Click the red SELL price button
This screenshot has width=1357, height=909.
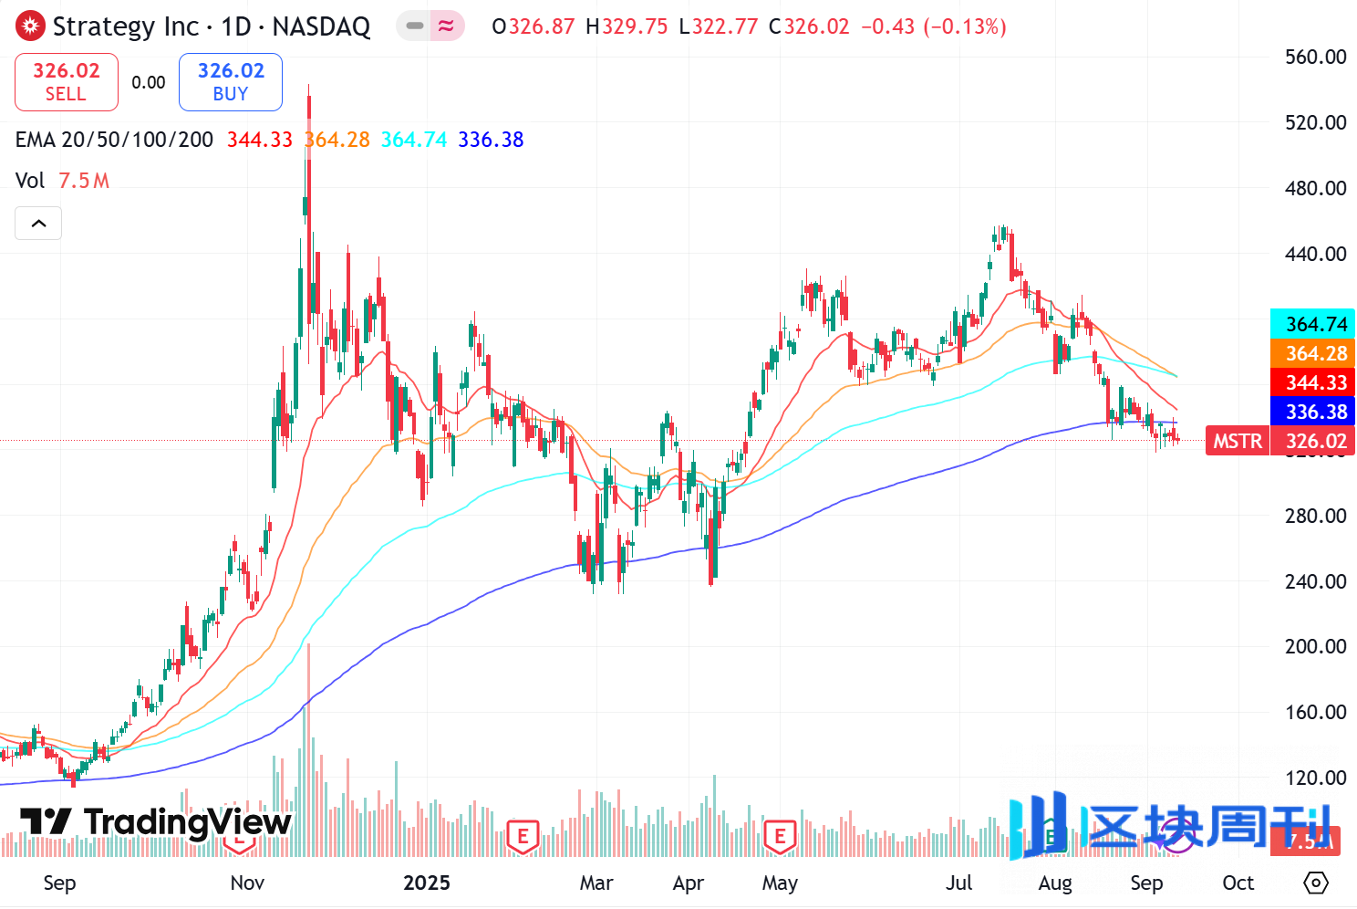[x=67, y=82]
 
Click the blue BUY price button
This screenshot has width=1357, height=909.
[x=231, y=82]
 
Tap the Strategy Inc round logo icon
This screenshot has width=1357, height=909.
[x=30, y=26]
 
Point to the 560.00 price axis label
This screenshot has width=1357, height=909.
[x=1315, y=57]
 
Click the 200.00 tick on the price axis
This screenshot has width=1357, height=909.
[x=1315, y=646]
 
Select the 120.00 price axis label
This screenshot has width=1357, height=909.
[x=1315, y=778]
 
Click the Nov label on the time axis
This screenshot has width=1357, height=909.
[x=247, y=883]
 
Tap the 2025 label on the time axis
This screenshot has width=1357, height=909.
[x=427, y=883]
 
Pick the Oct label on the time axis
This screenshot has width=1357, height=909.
[x=1238, y=883]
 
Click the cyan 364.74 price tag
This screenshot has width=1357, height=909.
[x=1312, y=324]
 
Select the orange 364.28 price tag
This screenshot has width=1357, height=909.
[x=1312, y=353]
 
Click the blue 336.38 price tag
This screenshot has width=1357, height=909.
[x=1312, y=412]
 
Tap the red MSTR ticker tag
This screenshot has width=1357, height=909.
[x=1238, y=442]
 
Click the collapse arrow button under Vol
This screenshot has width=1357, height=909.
[x=38, y=223]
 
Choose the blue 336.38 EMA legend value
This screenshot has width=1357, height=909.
[x=491, y=140]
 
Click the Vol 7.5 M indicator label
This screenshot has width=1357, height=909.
[x=62, y=181]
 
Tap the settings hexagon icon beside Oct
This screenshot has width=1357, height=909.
[x=1316, y=883]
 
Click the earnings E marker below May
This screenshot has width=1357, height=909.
[x=780, y=835]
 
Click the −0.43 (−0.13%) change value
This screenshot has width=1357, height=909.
[x=933, y=26]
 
